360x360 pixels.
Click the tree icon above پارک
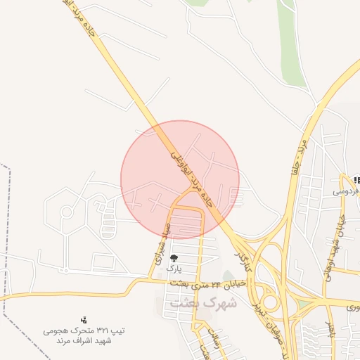tap(174, 258)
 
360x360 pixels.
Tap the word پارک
tap(174, 269)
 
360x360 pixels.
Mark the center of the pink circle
tap(180, 179)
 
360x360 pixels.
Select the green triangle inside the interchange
tap(303, 305)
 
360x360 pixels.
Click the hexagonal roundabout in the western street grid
tap(67, 211)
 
